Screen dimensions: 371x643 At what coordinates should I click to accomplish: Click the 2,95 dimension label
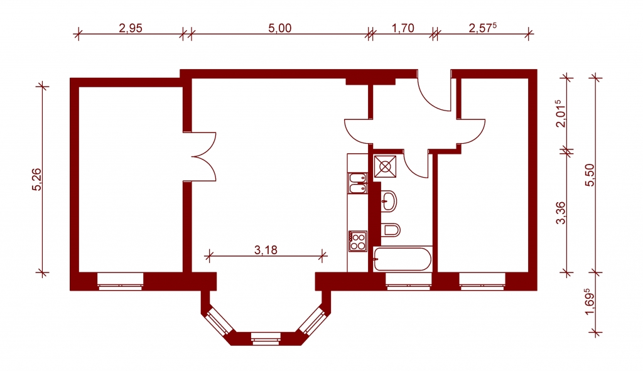point(130,28)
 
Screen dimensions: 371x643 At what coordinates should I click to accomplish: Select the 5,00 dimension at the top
point(279,28)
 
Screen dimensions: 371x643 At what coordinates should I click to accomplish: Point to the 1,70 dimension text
point(403,28)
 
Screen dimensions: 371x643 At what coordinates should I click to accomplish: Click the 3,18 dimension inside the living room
point(266,250)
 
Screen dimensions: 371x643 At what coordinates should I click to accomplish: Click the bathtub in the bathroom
point(403,258)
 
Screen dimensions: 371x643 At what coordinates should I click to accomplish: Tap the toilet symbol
point(390,230)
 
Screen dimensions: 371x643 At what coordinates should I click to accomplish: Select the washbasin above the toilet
point(389,201)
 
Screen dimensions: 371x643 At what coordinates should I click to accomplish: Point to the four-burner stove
point(357,241)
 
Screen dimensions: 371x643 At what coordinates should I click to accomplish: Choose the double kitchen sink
point(357,183)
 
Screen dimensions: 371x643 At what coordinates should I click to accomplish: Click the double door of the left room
point(202,156)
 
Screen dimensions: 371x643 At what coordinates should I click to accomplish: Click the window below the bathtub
point(408,281)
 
